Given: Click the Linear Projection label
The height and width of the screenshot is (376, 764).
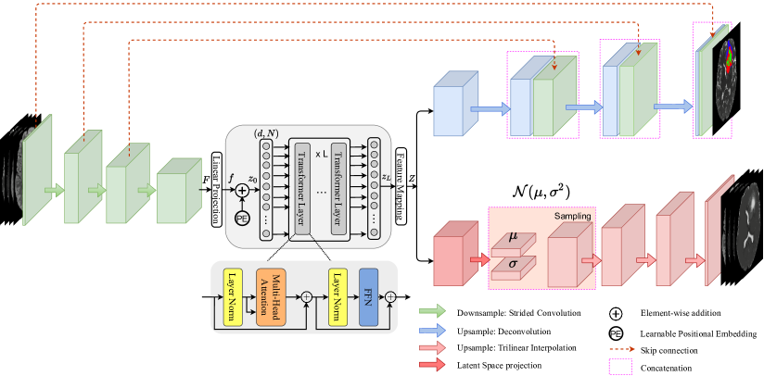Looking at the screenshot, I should click(216, 190).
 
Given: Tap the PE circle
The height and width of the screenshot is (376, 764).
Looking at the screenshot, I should click(242, 218).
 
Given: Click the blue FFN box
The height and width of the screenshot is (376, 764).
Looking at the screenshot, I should click(368, 296).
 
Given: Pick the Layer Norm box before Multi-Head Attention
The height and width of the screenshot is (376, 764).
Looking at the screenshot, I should click(233, 296).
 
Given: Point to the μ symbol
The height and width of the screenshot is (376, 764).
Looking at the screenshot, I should click(514, 236).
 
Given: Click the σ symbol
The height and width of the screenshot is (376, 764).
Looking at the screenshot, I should click(514, 265).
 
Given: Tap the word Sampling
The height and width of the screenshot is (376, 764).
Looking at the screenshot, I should click(573, 216).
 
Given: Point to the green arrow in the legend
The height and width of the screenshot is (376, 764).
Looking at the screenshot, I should click(433, 311).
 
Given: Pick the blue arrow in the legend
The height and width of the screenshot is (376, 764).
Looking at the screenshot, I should click(433, 330).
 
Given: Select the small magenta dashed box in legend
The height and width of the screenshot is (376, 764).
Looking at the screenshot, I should click(620, 366).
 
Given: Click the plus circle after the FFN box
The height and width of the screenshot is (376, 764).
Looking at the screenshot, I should click(390, 296).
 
